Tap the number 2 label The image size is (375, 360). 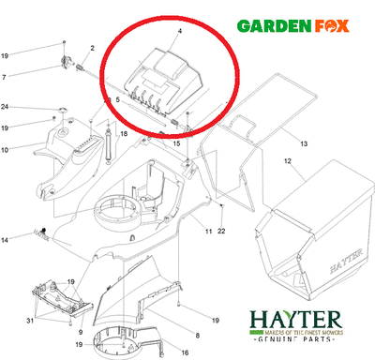click(93, 48)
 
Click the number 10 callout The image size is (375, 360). click(30, 150)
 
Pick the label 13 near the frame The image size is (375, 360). click(304, 142)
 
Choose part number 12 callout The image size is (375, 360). click(288, 161)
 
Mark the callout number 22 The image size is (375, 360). click(221, 232)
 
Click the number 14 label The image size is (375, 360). click(30, 241)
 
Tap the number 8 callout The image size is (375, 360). click(196, 335)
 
